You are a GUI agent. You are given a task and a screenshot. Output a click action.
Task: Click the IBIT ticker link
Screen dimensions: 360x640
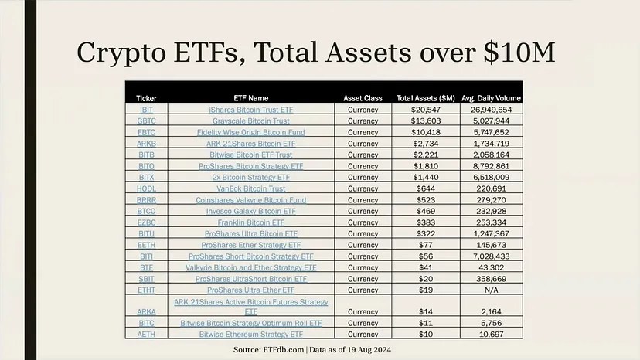point(146,110)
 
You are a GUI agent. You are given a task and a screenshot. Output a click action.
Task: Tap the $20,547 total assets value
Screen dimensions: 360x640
point(424,110)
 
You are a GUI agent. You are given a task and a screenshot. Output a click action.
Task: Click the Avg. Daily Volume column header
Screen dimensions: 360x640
point(491,98)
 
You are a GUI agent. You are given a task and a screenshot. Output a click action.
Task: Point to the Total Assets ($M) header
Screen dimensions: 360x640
point(425,98)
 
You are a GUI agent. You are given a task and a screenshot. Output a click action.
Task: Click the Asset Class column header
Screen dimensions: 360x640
point(363,98)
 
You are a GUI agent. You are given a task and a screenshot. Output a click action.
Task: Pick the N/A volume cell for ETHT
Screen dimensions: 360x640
point(492,290)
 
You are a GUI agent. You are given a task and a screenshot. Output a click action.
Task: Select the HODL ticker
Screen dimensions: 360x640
point(146,188)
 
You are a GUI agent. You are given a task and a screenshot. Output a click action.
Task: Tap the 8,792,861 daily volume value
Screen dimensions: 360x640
point(492,166)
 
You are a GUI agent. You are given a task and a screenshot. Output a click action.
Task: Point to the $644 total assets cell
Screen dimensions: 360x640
point(424,188)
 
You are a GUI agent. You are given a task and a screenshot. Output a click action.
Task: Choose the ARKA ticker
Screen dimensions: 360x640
point(146,312)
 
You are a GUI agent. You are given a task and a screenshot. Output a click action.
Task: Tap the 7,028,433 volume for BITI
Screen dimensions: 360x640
point(492,256)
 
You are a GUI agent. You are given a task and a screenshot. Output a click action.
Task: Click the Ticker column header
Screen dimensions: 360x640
point(146,98)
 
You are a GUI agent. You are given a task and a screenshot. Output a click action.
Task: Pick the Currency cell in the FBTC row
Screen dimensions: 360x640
point(363,132)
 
